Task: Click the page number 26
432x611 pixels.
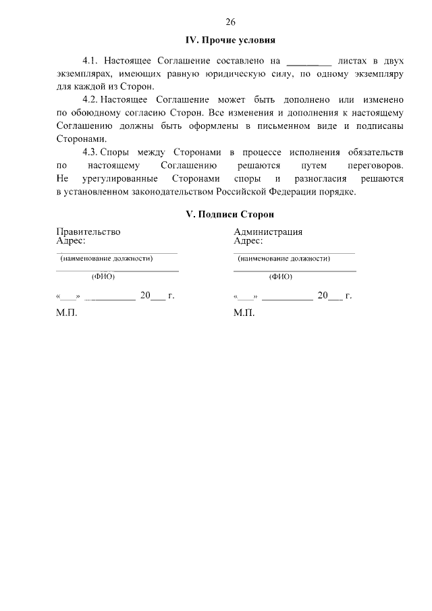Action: click(x=231, y=21)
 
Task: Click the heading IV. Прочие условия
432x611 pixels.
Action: click(x=230, y=41)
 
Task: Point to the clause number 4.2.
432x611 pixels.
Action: click(x=90, y=99)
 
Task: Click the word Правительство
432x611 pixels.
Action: click(x=88, y=232)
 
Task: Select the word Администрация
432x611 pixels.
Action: click(x=267, y=232)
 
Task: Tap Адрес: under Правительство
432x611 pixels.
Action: click(x=71, y=240)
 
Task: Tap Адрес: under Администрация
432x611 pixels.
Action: click(x=248, y=240)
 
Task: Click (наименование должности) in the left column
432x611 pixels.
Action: click(x=107, y=259)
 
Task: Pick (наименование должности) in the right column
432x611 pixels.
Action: click(x=283, y=259)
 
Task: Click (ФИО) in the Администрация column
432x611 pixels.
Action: click(x=280, y=276)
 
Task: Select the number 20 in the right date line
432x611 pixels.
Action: click(x=323, y=296)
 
